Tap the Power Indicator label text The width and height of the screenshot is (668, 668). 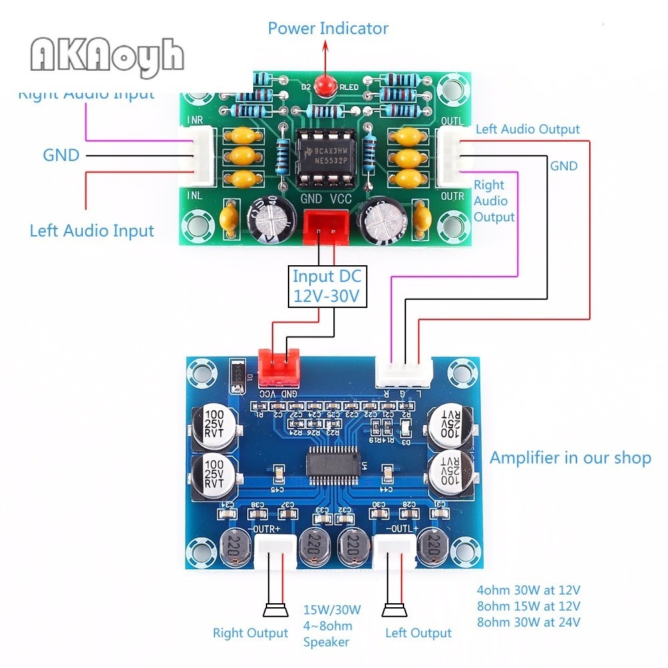327,29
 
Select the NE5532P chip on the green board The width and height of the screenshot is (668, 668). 323,155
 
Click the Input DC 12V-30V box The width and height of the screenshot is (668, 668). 327,287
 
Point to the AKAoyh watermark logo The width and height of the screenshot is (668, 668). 106,54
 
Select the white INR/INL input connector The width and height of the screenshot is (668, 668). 201,156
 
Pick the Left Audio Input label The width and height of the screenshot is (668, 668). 92,231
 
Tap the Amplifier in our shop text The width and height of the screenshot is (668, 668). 570,458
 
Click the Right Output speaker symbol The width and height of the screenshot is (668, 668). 275,611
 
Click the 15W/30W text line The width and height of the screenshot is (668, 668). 332,609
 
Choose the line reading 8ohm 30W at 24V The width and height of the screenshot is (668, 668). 528,622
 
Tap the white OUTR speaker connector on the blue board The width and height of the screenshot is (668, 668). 275,552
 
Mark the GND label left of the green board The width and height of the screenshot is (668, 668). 61,156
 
